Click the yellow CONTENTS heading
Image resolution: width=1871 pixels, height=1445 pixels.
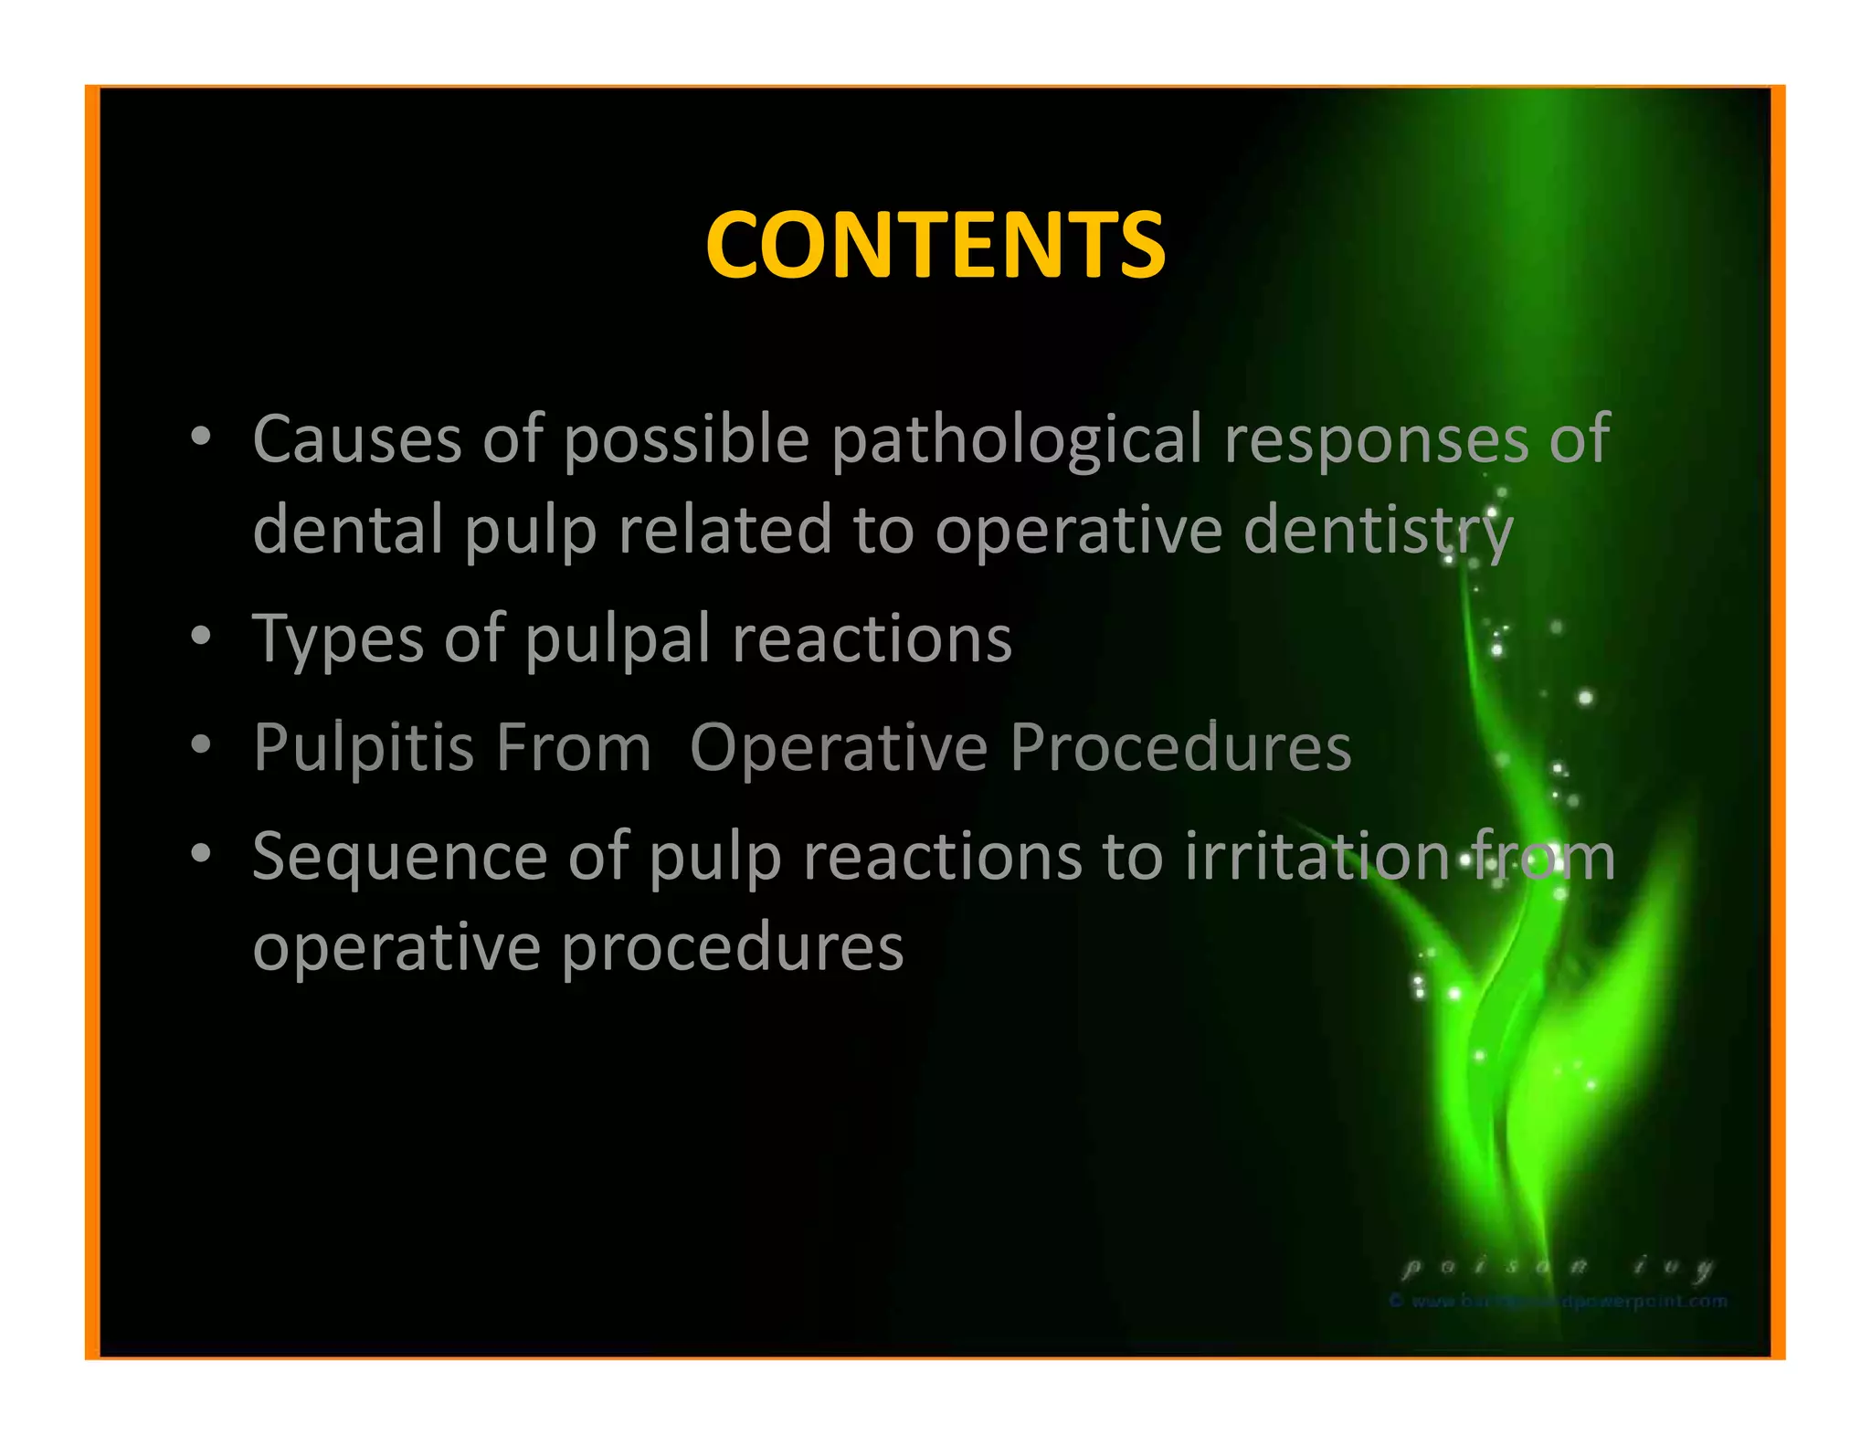pos(935,245)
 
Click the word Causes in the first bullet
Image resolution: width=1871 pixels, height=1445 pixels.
pos(356,439)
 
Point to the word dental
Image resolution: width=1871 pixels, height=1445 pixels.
pos(347,529)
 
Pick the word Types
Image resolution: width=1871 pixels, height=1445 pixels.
pos(338,639)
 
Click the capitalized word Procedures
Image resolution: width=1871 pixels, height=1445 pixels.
pos(1179,748)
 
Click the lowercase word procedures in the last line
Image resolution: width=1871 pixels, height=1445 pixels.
pos(732,948)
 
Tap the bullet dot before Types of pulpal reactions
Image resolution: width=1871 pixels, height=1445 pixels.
pos(201,636)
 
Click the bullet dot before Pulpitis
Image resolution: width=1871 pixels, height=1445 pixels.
pos(201,744)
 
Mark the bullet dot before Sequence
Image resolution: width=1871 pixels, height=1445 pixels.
pos(201,854)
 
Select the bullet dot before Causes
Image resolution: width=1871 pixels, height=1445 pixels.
pos(201,437)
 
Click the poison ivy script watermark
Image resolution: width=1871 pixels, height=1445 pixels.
pos(1557,1267)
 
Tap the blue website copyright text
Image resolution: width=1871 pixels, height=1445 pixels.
pos(1558,1301)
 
